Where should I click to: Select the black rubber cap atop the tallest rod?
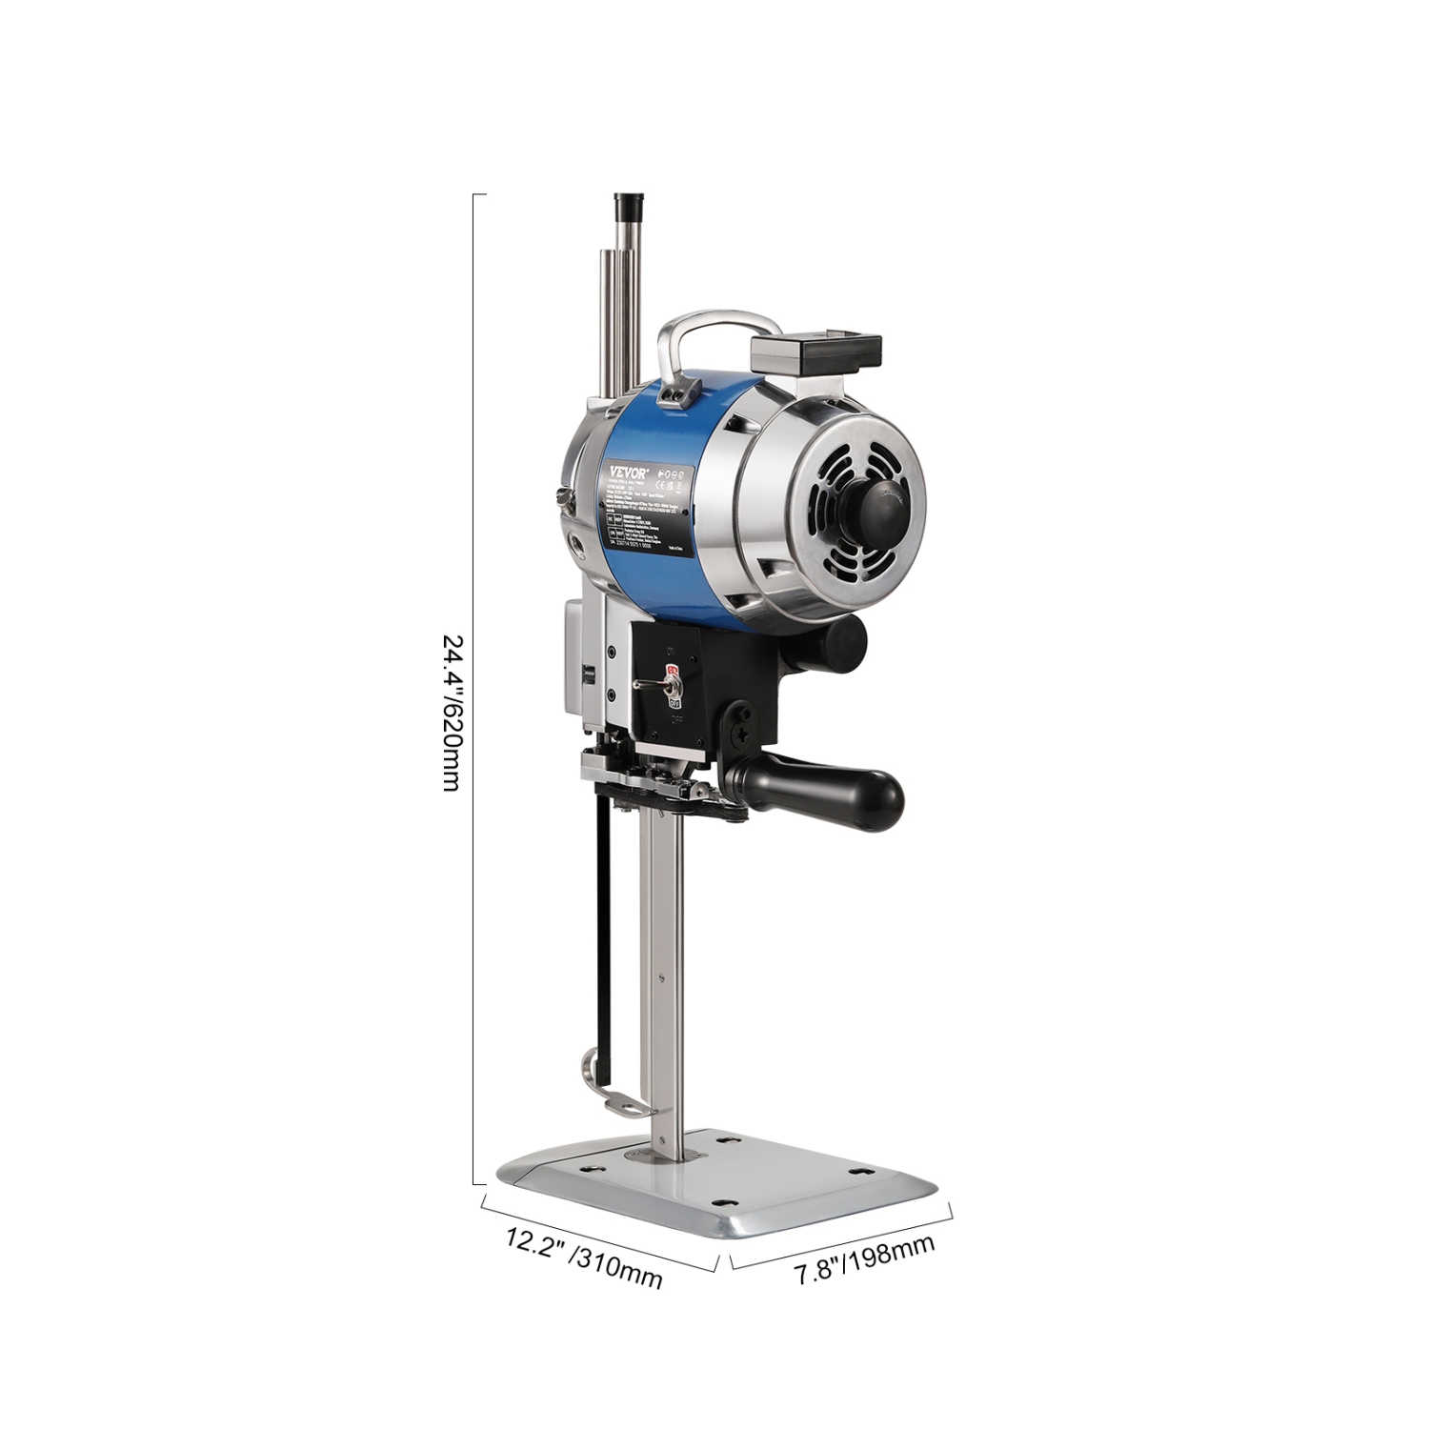click(x=629, y=205)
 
